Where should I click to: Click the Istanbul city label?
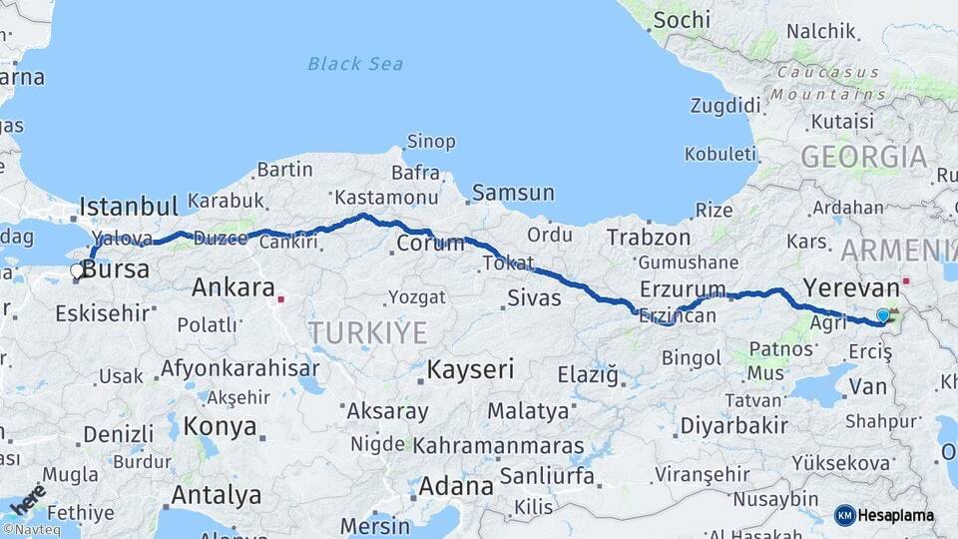point(129,207)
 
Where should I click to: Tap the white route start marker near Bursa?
point(77,270)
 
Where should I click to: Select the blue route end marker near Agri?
point(882,316)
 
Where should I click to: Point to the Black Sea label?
point(355,64)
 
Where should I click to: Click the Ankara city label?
point(233,288)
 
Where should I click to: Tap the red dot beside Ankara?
point(282,297)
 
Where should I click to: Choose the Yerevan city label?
point(851,288)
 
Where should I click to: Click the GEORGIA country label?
point(863,157)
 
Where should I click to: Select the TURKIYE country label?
point(367,332)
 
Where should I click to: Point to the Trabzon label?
point(649,238)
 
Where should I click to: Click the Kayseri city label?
point(470,370)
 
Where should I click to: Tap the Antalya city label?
point(217,495)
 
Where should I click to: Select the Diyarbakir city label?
point(733,426)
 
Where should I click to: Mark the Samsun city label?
point(513,193)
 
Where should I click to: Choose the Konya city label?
point(222,427)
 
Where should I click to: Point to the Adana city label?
point(456,487)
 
